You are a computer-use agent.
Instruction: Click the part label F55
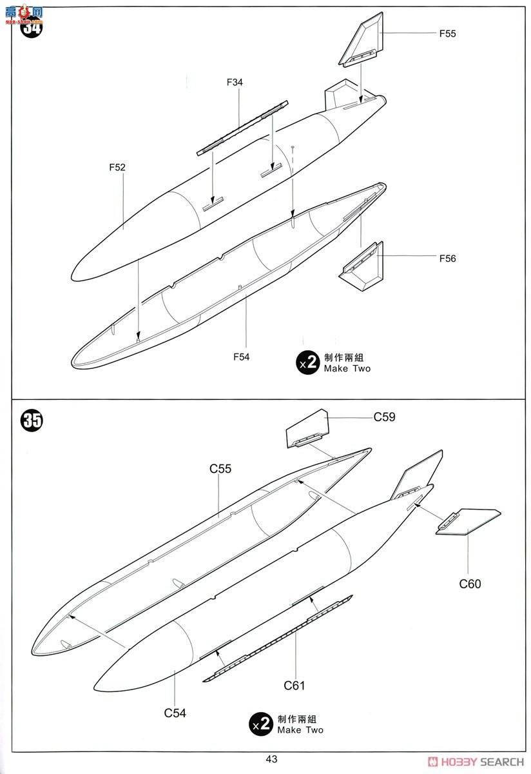click(x=447, y=34)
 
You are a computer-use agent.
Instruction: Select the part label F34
click(x=235, y=83)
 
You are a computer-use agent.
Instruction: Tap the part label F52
click(x=117, y=167)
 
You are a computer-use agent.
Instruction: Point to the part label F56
click(x=447, y=259)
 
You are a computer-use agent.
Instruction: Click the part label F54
click(x=241, y=356)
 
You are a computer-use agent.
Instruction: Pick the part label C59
click(x=384, y=417)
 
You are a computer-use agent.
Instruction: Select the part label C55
click(x=220, y=470)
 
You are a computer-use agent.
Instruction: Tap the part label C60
click(x=470, y=584)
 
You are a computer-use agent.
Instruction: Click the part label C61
click(x=294, y=686)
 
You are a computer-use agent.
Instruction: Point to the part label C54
click(x=175, y=713)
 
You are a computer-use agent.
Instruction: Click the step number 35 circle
click(x=32, y=421)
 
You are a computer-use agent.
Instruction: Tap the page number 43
click(x=271, y=759)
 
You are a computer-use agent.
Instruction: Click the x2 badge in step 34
click(x=307, y=363)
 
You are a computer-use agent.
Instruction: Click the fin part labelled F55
click(x=359, y=44)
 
